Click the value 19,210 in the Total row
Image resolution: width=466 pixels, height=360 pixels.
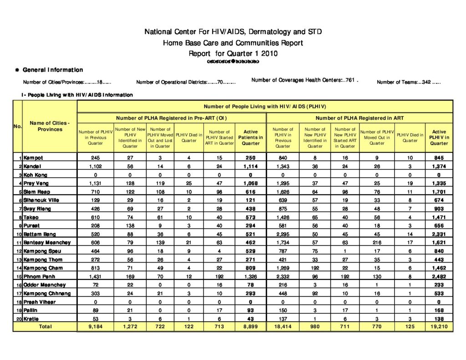[439, 326]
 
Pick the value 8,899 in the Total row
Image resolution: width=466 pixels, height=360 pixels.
[250, 326]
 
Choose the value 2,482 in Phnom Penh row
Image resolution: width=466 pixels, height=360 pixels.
[439, 276]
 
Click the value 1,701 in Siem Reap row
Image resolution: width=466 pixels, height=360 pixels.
[439, 192]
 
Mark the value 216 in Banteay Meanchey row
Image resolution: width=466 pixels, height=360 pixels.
[377, 243]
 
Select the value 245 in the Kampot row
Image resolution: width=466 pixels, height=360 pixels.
[95, 158]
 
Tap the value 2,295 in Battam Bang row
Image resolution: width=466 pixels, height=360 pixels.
[283, 234]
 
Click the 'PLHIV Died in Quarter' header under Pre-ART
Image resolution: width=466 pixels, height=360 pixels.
[189, 137]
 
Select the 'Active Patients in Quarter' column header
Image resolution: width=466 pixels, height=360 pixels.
[250, 137]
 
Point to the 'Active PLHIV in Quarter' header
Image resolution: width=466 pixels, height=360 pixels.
[439, 137]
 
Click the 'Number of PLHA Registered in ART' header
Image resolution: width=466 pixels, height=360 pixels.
[360, 118]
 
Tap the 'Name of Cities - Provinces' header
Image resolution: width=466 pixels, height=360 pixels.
[50, 126]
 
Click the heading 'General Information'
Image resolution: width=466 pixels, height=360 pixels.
[53, 70]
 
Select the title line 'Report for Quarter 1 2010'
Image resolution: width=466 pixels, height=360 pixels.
[233, 53]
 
